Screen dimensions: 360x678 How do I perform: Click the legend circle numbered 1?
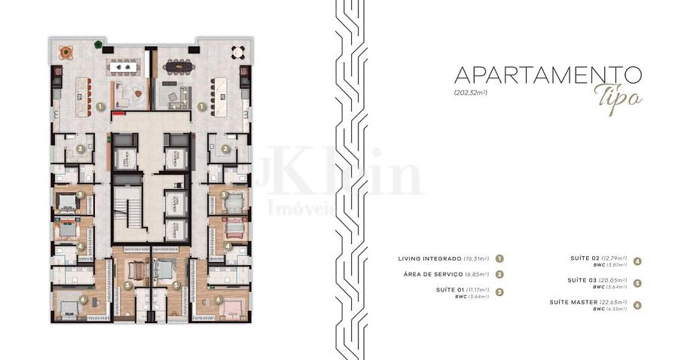[x=499, y=259]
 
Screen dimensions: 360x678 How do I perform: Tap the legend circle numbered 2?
[x=499, y=275]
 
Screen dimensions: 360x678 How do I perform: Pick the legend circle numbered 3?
[x=499, y=291]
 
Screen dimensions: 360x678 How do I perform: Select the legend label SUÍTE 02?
[x=588, y=258]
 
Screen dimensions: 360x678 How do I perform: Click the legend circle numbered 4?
[x=637, y=261]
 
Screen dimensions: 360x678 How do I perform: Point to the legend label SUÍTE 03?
[x=588, y=280]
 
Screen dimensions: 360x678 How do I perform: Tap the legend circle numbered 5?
[x=637, y=283]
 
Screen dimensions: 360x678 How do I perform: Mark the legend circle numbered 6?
[x=637, y=305]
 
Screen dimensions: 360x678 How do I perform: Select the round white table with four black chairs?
[x=238, y=52]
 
